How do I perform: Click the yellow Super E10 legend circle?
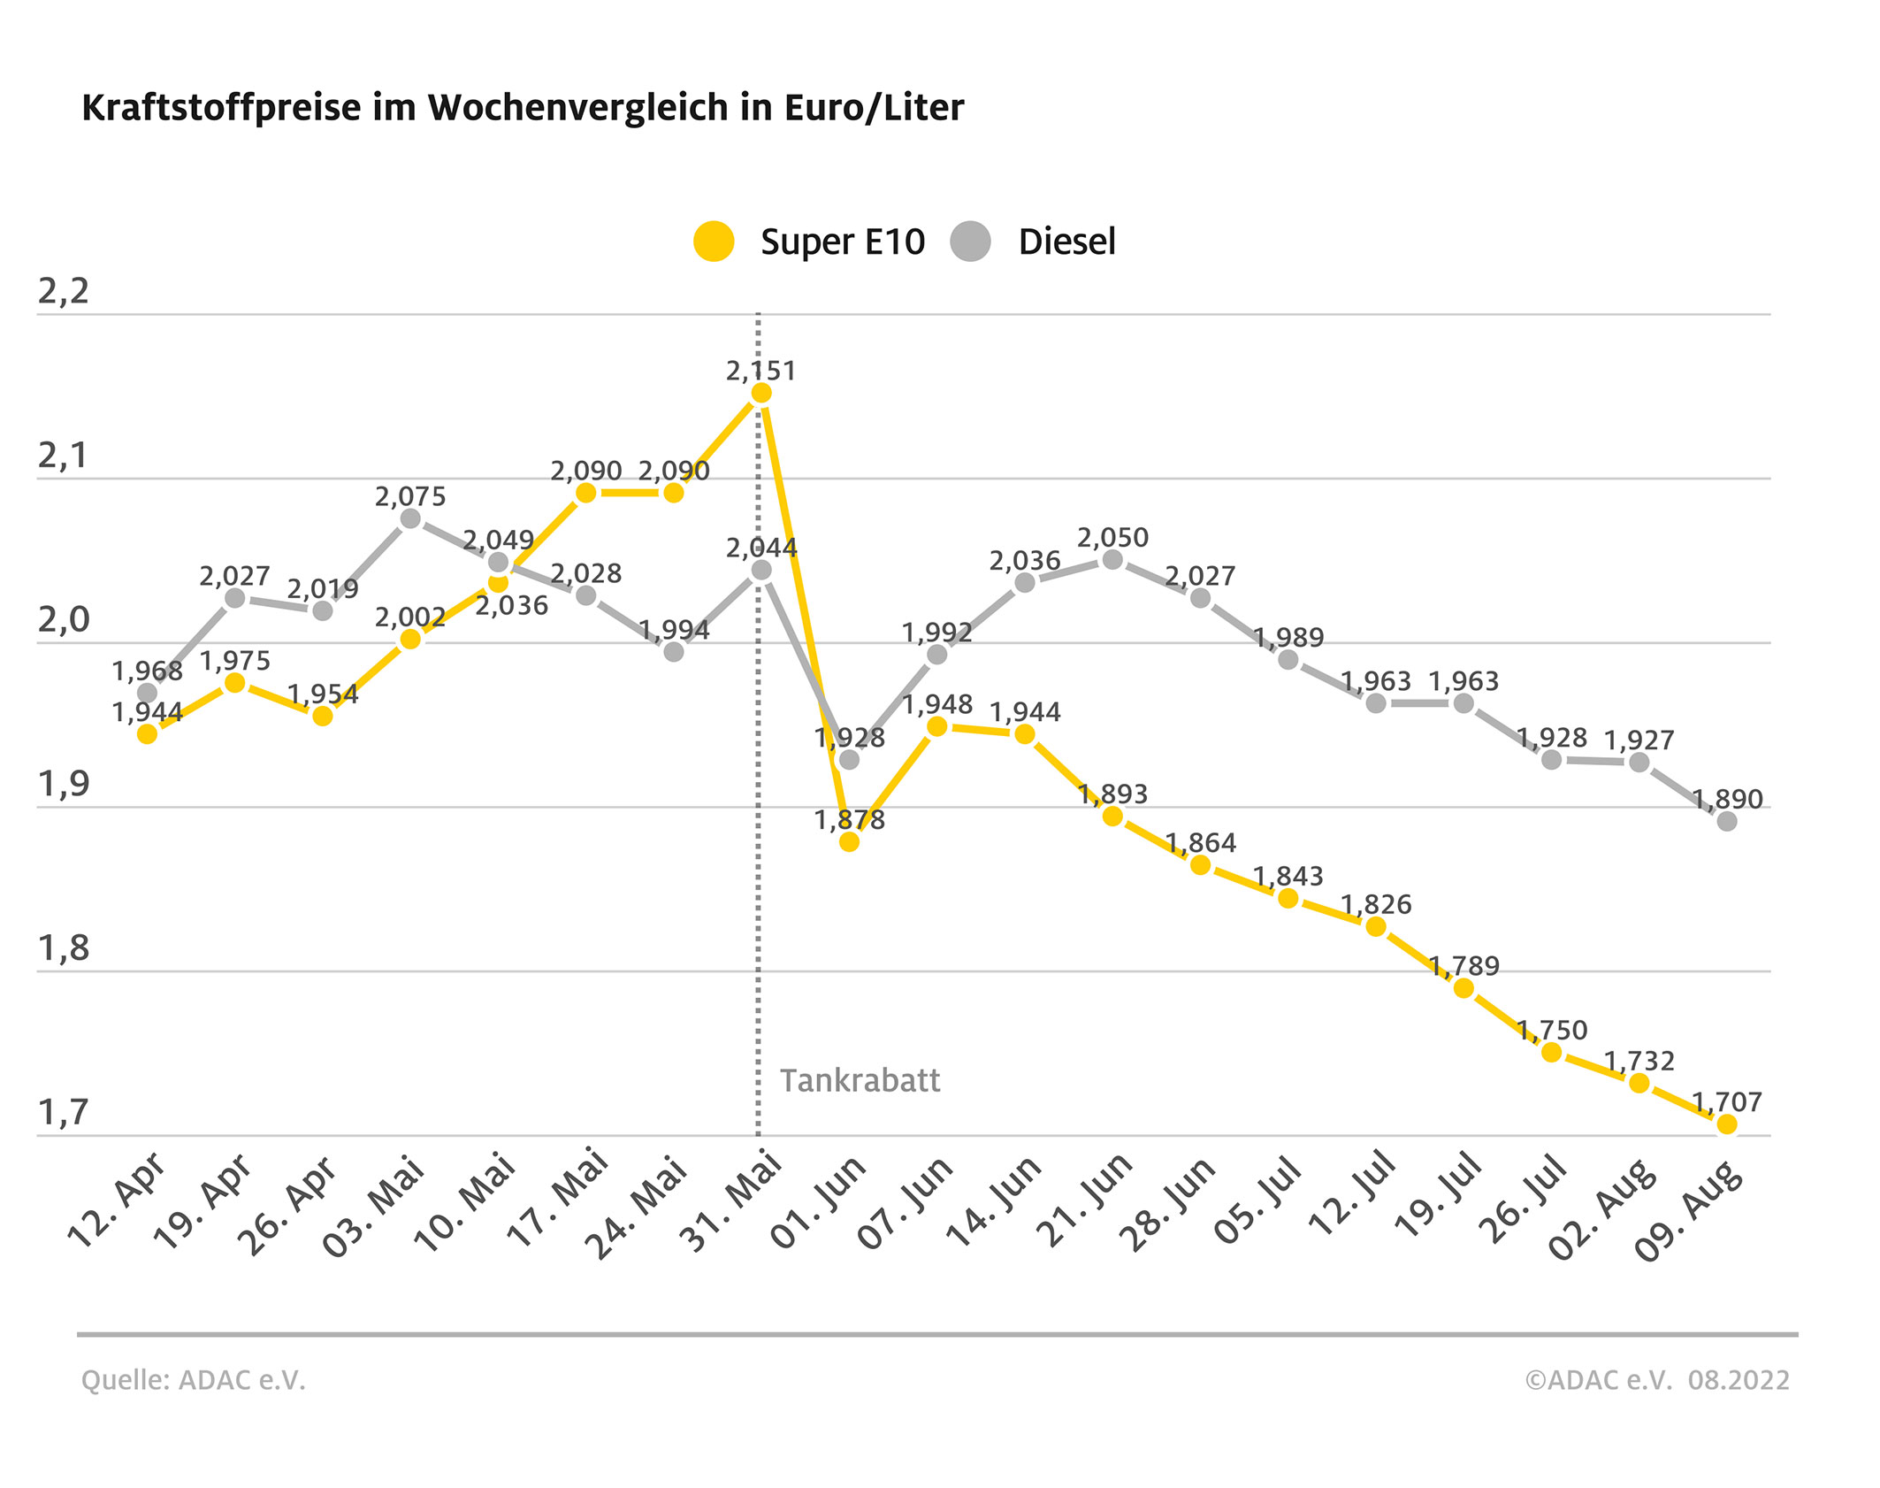tap(714, 242)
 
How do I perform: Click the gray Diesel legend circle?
tap(970, 242)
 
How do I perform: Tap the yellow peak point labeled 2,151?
tap(760, 394)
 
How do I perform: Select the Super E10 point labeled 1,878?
tap(849, 841)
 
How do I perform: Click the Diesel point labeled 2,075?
tap(410, 518)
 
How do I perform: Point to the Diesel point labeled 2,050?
tap(1112, 560)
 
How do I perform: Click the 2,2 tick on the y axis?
tap(64, 292)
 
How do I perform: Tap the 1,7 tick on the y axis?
tap(64, 1113)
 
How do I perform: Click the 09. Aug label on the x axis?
tap(1689, 1212)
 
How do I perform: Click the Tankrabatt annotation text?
tap(860, 1081)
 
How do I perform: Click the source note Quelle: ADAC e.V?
tap(193, 1381)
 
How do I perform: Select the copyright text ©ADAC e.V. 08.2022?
tap(1656, 1381)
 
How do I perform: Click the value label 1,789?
tap(1464, 966)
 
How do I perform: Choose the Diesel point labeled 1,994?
tap(674, 652)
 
